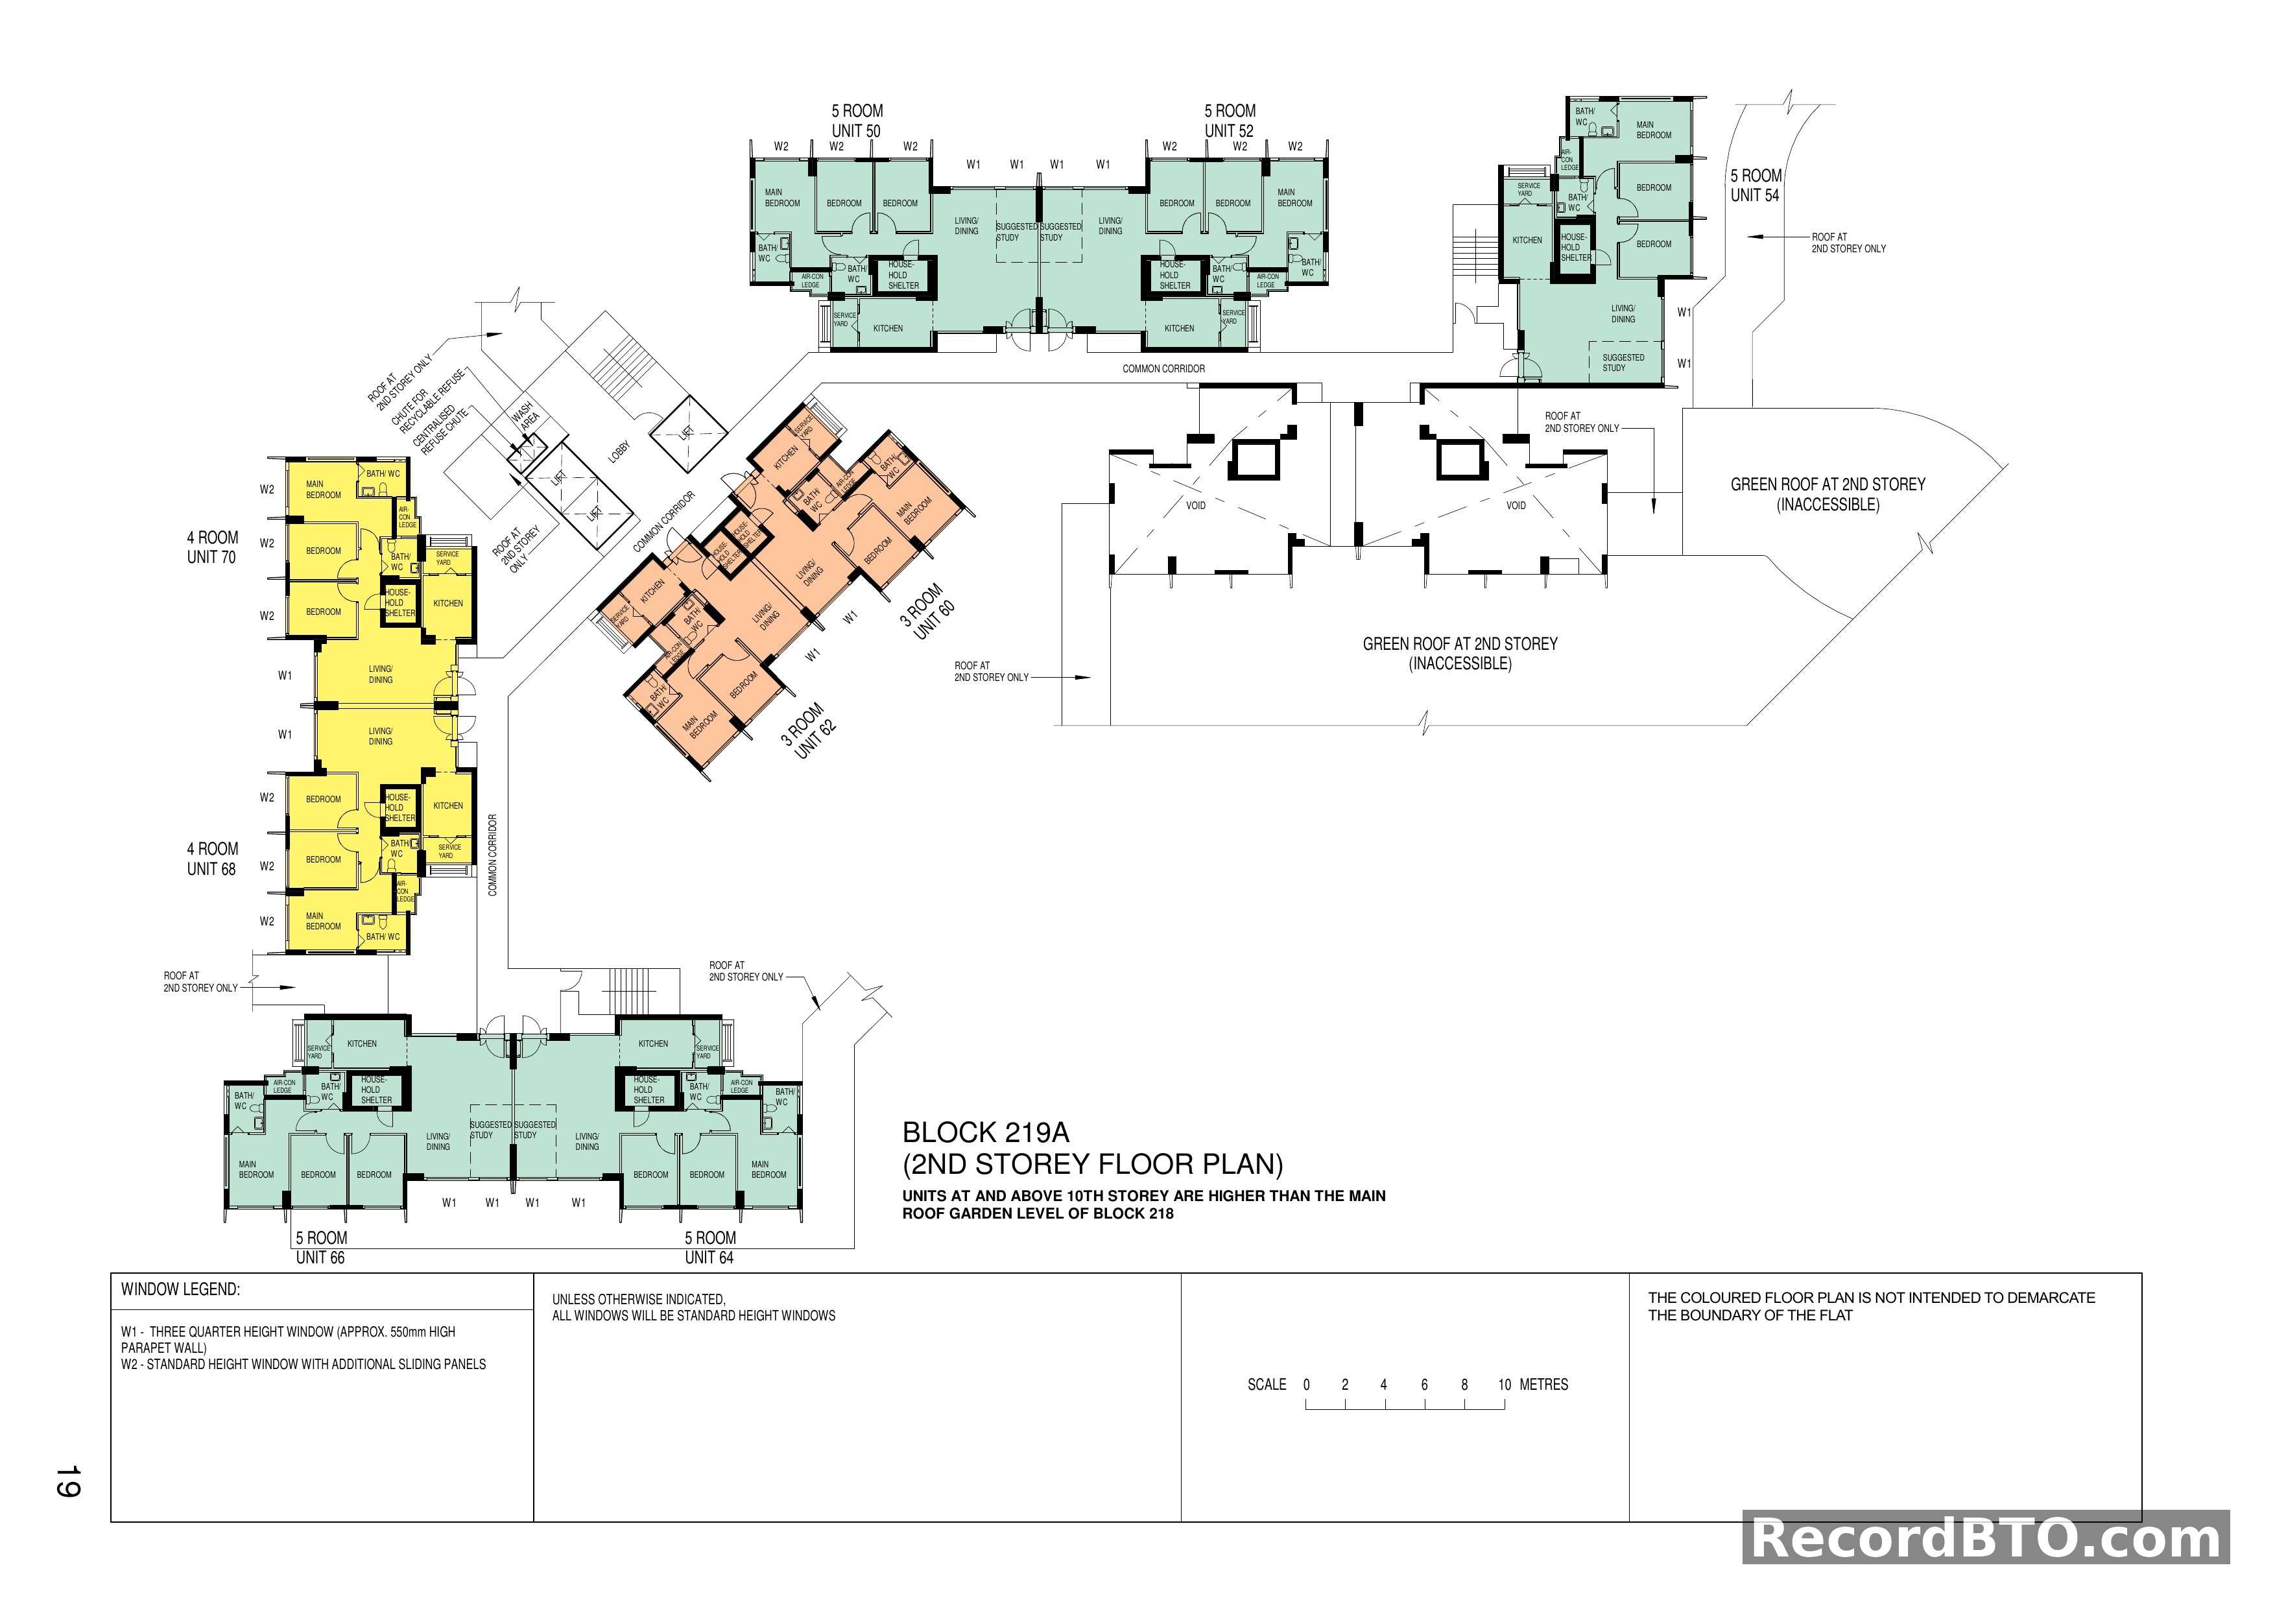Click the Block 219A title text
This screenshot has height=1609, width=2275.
(986, 1132)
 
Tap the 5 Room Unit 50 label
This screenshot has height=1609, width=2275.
(857, 121)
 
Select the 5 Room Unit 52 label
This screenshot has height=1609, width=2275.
(1230, 121)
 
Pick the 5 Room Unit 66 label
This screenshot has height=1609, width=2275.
(321, 1247)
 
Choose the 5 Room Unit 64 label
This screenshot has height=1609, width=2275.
(709, 1247)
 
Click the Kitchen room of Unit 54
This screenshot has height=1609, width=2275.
(1527, 240)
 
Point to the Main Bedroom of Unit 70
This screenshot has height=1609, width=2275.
(323, 490)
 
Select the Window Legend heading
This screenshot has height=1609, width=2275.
(180, 1290)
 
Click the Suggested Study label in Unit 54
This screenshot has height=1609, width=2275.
(1623, 363)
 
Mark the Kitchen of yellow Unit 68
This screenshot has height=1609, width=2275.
(448, 805)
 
